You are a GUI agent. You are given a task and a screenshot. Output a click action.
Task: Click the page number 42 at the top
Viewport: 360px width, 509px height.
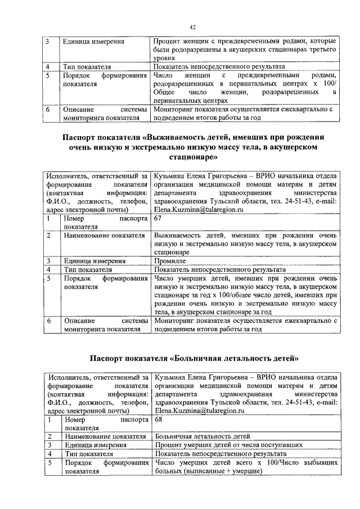tap(192, 28)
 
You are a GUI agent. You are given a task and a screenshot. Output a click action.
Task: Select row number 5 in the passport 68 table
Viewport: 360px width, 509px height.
tap(49, 462)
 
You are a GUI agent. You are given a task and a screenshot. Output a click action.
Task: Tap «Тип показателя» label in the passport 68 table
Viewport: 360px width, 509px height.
tap(89, 453)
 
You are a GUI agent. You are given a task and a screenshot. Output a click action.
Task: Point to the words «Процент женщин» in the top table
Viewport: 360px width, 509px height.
tap(182, 42)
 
